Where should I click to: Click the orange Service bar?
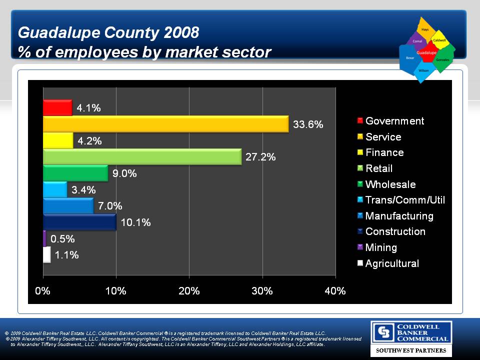click(x=165, y=124)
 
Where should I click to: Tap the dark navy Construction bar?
click(x=79, y=222)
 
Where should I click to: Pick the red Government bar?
click(x=57, y=107)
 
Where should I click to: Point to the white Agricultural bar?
click(x=47, y=254)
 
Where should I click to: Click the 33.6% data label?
click(x=308, y=124)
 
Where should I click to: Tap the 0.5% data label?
click(x=62, y=238)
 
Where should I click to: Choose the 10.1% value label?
click(x=136, y=222)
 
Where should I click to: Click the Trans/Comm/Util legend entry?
click(x=405, y=200)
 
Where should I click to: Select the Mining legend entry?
click(x=381, y=247)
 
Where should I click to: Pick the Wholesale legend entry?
click(x=390, y=184)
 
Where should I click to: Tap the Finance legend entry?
click(x=384, y=152)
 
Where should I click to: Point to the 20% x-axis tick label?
click(x=189, y=291)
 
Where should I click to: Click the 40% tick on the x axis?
click(x=335, y=291)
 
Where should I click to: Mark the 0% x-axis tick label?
click(x=43, y=291)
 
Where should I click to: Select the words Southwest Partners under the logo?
click(x=411, y=351)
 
